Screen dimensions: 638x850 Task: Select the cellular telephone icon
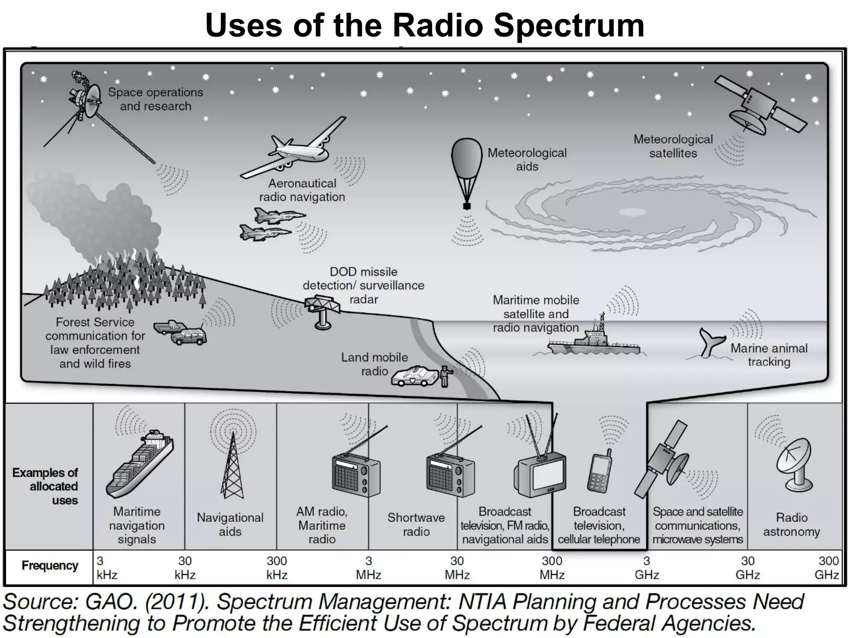pyautogui.click(x=599, y=474)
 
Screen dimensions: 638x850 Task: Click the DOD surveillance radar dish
pyautogui.click(x=322, y=307)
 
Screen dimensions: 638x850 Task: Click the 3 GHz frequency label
pyautogui.click(x=647, y=568)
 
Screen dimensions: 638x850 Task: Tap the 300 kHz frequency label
pyautogui.click(x=277, y=568)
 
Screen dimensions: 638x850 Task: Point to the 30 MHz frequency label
pyautogui.click(x=457, y=568)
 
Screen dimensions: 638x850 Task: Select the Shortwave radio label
pyautogui.click(x=416, y=525)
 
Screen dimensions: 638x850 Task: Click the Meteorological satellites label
pyautogui.click(x=673, y=146)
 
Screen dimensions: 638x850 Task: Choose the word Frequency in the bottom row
pyautogui.click(x=50, y=566)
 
